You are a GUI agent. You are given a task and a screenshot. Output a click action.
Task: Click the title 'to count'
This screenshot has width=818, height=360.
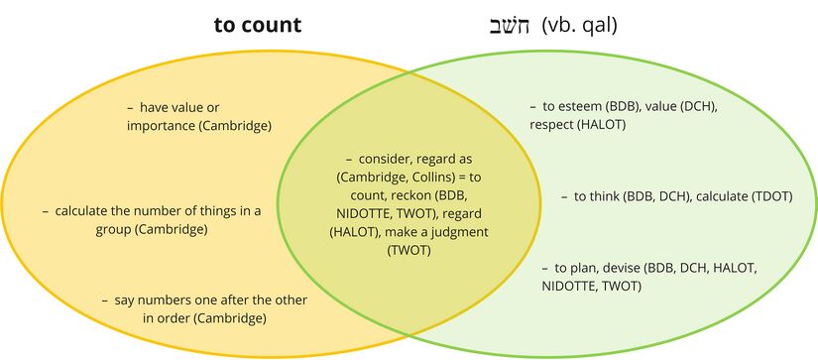pyautogui.click(x=258, y=25)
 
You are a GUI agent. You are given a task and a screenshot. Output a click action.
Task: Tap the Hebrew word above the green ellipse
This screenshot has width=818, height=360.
pyautogui.click(x=509, y=25)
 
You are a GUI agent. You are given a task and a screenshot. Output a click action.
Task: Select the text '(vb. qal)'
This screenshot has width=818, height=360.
pyautogui.click(x=580, y=25)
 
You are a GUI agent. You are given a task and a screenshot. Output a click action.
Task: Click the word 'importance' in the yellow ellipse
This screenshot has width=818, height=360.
pyautogui.click(x=163, y=126)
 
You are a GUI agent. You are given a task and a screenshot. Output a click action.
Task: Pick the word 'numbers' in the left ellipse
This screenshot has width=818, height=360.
pyautogui.click(x=194, y=300)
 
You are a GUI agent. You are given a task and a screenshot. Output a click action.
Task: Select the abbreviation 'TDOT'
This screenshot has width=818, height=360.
pyautogui.click(x=769, y=196)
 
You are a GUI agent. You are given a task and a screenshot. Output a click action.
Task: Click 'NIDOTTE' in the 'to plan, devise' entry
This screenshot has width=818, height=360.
pyautogui.click(x=572, y=287)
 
